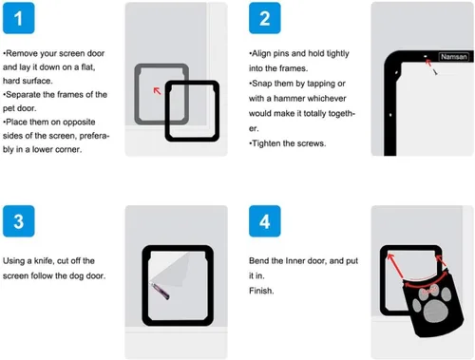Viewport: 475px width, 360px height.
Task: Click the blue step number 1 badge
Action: [18, 18]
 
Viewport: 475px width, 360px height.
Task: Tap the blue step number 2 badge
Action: [265, 18]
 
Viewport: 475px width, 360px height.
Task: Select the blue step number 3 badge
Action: [18, 221]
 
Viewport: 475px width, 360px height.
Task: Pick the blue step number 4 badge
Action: [265, 221]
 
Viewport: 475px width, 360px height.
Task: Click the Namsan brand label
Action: [454, 57]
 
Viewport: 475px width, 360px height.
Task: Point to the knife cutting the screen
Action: [161, 292]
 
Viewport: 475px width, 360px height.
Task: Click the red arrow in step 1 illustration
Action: [157, 91]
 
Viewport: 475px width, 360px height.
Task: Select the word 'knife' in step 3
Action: [43, 261]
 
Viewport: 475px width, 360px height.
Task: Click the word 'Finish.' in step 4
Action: [261, 291]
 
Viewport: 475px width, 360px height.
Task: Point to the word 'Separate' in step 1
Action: [23, 95]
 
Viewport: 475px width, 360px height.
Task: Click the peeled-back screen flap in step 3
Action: [171, 269]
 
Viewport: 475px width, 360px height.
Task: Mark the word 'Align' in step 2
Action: [261, 53]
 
